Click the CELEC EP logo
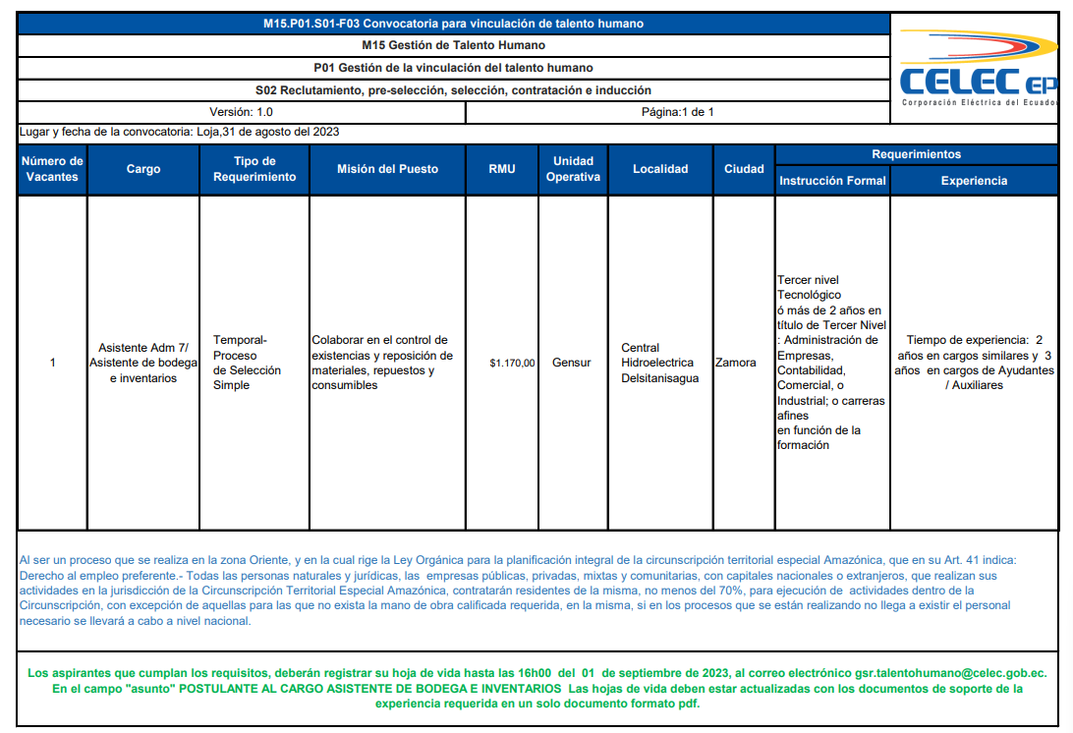(979, 74)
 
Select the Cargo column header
(143, 169)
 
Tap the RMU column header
(502, 169)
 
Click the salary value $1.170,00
(512, 363)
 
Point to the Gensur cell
(572, 363)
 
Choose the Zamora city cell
(736, 363)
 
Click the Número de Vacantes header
(52, 169)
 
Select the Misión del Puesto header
(387, 169)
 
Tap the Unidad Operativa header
(573, 169)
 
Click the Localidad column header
(660, 169)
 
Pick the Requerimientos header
(916, 154)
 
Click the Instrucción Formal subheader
(832, 181)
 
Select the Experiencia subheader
(974, 181)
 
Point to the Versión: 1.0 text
(241, 112)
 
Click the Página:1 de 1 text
(678, 112)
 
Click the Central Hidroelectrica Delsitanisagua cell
(657, 363)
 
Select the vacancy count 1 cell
(52, 363)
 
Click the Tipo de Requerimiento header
(254, 169)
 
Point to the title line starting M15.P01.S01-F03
(454, 24)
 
